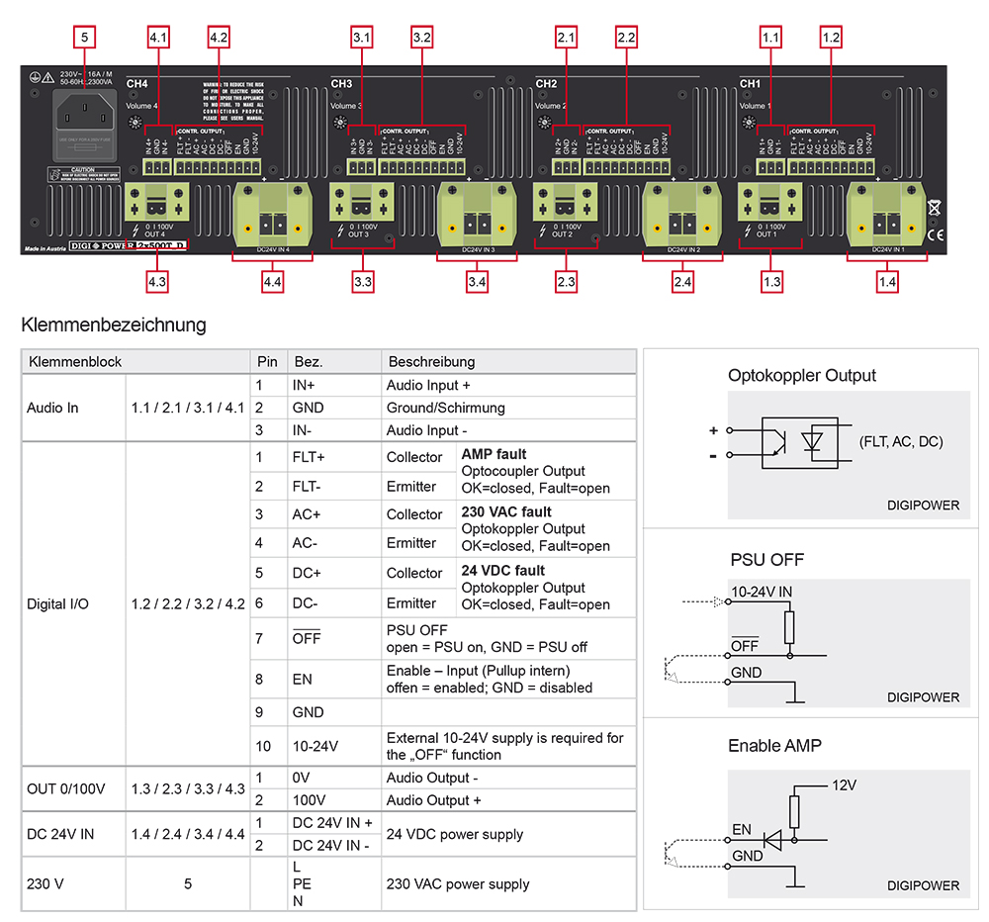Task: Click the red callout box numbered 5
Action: coord(85,38)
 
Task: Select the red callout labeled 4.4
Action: coord(273,282)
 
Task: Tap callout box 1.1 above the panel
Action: coord(770,38)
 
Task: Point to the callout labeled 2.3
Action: coord(566,282)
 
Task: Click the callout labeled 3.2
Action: coord(421,38)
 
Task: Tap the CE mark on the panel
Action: coord(935,234)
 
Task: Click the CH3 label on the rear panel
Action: coord(341,84)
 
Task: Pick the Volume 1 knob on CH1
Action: coord(749,122)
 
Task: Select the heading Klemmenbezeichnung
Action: coord(114,324)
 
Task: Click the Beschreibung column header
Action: coord(431,361)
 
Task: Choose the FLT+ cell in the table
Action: coord(308,457)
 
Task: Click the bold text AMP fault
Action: coord(494,454)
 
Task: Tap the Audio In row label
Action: coord(52,408)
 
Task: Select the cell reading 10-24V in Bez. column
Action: coord(314,745)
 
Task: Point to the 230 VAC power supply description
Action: coord(457,884)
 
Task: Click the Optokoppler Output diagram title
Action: coord(802,376)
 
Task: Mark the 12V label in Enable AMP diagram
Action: coord(844,784)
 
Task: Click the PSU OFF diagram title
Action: coord(765,559)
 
